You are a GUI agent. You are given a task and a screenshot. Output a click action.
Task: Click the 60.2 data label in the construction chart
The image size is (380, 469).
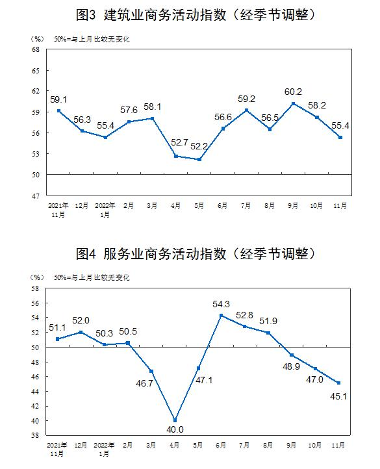point(293,92)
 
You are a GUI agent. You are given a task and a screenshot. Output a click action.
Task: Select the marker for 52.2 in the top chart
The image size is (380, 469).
point(199,159)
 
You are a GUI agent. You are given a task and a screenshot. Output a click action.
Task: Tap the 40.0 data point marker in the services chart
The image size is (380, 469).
point(175,420)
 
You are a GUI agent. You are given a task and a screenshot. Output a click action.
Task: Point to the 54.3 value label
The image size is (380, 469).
point(221,304)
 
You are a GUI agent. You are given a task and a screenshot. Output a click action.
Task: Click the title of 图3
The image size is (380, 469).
point(196,15)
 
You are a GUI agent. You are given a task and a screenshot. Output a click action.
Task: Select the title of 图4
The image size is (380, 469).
point(196,254)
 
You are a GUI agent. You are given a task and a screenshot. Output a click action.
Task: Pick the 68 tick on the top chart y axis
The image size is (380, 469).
point(36,49)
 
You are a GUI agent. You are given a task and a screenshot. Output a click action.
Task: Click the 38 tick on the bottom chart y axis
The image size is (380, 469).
point(35,435)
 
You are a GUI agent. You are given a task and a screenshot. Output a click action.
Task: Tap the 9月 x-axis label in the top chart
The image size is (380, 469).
point(293,205)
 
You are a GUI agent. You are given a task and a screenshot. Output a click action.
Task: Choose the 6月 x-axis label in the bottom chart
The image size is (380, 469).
point(221,445)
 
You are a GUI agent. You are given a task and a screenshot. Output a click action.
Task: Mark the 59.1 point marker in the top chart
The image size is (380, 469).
point(58,110)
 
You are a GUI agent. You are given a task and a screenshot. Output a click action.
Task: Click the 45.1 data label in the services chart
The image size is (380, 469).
point(338,396)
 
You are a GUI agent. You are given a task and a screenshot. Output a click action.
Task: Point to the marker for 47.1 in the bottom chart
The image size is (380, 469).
point(198,368)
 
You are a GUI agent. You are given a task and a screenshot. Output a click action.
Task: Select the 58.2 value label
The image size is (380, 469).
point(317,105)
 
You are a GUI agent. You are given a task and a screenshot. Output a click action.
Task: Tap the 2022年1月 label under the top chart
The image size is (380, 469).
point(105,210)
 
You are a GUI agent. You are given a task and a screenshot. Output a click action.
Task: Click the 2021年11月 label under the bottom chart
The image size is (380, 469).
point(57,450)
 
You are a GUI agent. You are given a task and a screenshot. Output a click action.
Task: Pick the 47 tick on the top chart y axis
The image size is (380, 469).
point(36,196)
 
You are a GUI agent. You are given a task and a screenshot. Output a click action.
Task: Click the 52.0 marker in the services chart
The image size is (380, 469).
point(81,332)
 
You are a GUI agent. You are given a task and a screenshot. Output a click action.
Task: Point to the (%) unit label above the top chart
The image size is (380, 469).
point(37,39)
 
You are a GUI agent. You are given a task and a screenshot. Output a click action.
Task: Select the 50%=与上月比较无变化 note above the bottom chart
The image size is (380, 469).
point(92,277)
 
